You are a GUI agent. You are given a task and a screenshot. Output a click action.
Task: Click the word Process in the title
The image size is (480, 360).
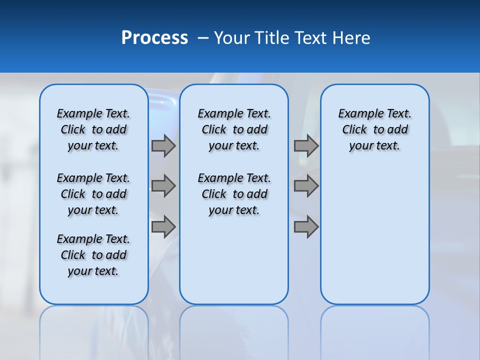pos(154,38)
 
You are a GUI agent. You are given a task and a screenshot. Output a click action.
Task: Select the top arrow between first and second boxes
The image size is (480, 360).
pos(163,146)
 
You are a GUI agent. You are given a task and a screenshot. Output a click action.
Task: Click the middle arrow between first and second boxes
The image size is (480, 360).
pos(163,186)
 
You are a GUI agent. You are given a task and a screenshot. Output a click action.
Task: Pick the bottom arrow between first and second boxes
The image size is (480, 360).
pos(163,227)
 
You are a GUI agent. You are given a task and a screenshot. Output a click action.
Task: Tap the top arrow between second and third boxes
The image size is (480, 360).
pos(306,146)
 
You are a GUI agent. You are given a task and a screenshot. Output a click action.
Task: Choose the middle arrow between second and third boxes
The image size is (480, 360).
pos(306,186)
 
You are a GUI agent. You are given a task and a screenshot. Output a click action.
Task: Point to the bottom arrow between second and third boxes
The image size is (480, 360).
pos(306,227)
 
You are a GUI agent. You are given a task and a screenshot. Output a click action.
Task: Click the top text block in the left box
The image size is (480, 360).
pos(93,129)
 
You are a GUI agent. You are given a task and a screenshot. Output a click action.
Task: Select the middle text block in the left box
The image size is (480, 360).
pos(93,194)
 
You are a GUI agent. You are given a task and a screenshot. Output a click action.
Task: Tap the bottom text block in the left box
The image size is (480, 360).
pos(93,255)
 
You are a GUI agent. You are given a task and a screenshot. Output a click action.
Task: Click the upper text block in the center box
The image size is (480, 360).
pos(234,129)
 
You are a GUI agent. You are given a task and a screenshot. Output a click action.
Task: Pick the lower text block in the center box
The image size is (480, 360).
pos(234,194)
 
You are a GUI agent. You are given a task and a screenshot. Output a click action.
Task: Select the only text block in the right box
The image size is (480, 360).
pos(374,129)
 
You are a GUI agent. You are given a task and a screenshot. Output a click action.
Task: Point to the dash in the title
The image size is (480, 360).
pos(203,38)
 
